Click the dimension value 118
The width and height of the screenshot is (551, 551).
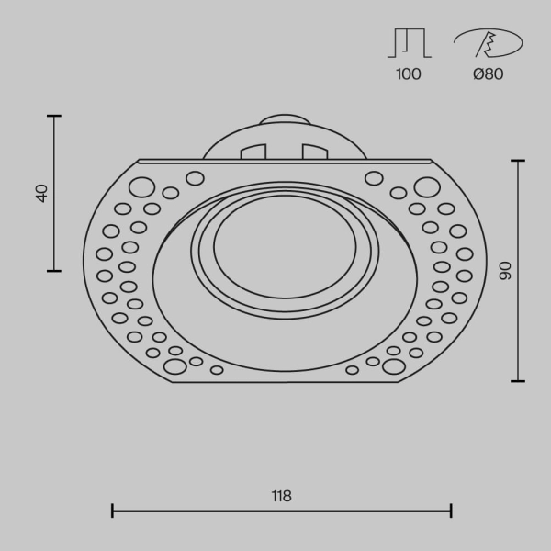pyautogui.click(x=281, y=496)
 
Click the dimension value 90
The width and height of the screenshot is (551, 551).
pyautogui.click(x=503, y=270)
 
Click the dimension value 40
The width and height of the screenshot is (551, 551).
pyautogui.click(x=40, y=193)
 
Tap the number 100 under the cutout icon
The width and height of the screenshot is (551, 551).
pyautogui.click(x=409, y=74)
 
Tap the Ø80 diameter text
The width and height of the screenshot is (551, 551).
pyautogui.click(x=488, y=74)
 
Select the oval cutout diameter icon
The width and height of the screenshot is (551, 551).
pyautogui.click(x=488, y=43)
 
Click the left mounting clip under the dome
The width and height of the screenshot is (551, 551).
pyautogui.click(x=253, y=151)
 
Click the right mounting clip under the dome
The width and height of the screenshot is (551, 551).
pyautogui.click(x=314, y=151)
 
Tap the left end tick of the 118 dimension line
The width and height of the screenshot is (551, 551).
pyautogui.click(x=112, y=511)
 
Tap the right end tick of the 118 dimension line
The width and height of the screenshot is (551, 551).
pyautogui.click(x=451, y=511)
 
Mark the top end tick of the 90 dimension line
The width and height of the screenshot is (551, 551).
pyautogui.click(x=519, y=161)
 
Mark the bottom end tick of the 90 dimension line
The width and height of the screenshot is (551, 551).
pyautogui.click(x=519, y=380)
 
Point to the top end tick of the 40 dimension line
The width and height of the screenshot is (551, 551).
pyautogui.click(x=53, y=116)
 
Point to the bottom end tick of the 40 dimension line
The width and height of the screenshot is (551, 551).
pyautogui.click(x=53, y=271)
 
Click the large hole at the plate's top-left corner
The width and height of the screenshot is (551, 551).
pyautogui.click(x=141, y=188)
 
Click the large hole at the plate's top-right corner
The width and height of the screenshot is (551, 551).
pyautogui.click(x=426, y=188)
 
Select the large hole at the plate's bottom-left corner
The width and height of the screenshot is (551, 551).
pyautogui.click(x=174, y=366)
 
